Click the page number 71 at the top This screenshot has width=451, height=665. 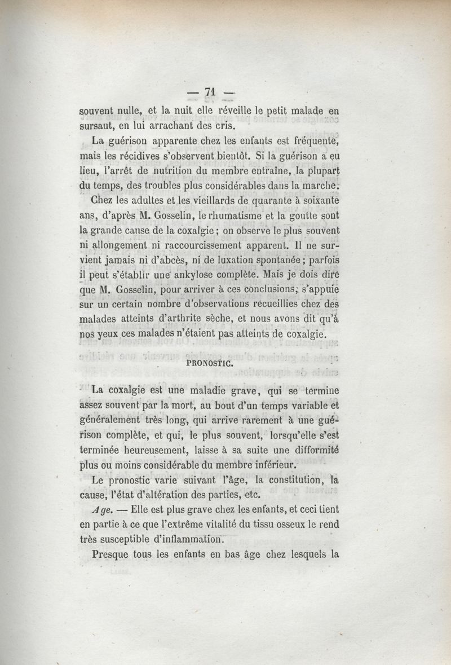click(x=212, y=93)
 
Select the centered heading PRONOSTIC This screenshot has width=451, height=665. click(x=212, y=363)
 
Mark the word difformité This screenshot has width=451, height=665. click(x=313, y=448)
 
